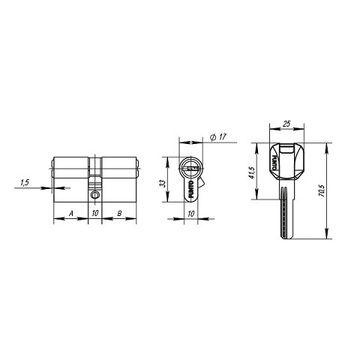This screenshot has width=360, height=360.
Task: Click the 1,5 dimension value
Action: click(x=25, y=182)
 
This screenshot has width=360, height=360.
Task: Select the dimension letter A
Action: click(x=71, y=214)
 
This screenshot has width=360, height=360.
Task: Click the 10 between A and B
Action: click(x=95, y=214)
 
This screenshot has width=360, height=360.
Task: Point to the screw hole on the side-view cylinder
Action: click(x=95, y=196)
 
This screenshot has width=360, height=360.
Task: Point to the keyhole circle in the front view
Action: click(x=190, y=166)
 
